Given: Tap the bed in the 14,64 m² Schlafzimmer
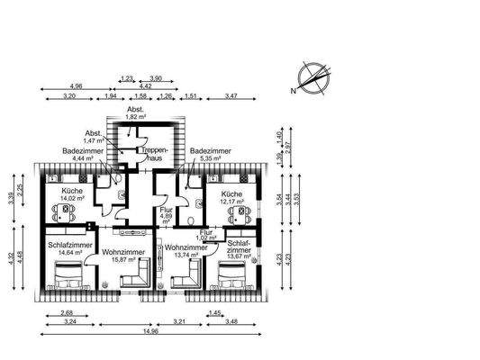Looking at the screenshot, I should (x=68, y=278).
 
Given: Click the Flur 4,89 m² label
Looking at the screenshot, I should (x=166, y=216).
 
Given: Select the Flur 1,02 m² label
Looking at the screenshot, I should (x=206, y=235).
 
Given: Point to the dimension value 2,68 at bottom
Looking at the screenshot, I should (x=67, y=312).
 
